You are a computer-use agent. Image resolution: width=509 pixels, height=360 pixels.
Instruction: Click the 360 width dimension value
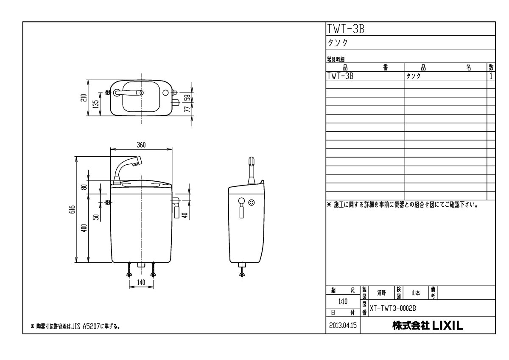(141, 145)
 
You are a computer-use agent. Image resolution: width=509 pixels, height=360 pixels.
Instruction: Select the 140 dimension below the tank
(141, 282)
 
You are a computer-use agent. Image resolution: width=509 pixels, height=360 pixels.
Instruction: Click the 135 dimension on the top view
(97, 104)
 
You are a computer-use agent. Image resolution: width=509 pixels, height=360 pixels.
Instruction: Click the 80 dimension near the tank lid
(84, 186)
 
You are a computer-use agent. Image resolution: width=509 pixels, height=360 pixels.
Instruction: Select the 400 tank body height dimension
(84, 228)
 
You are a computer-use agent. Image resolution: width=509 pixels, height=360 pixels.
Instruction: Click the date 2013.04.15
(343, 326)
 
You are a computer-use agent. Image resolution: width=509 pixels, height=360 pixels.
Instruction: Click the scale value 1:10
(343, 302)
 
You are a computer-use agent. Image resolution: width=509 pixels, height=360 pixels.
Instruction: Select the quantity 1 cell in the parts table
(491, 76)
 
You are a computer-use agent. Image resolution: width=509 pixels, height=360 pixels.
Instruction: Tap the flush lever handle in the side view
(241, 208)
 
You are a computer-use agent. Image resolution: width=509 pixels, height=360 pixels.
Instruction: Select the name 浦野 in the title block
(381, 292)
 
